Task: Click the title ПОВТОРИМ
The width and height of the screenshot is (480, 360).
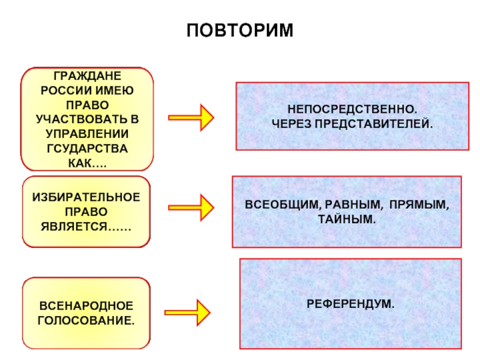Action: click(x=240, y=31)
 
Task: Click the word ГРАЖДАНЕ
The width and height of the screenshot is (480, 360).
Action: click(x=87, y=76)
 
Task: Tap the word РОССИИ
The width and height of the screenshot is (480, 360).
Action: click(x=66, y=91)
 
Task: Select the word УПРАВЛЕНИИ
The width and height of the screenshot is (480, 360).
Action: click(x=87, y=134)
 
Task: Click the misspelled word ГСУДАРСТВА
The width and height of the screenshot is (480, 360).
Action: click(x=87, y=148)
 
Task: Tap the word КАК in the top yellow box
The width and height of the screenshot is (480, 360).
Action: click(x=80, y=163)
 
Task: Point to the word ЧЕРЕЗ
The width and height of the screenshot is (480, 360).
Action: click(x=292, y=124)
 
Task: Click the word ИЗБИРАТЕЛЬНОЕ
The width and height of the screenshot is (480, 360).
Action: click(x=86, y=197)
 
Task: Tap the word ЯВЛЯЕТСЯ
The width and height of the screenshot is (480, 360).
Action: click(x=74, y=227)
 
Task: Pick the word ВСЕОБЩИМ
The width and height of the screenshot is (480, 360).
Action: click(x=281, y=205)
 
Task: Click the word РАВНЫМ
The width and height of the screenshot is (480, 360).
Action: click(x=353, y=205)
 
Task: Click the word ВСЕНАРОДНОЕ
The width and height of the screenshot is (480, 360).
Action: click(x=86, y=306)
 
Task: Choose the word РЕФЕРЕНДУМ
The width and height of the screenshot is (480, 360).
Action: click(x=349, y=304)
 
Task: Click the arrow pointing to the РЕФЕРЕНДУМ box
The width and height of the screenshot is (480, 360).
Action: click(x=187, y=313)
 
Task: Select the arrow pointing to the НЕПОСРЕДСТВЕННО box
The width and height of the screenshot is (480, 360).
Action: click(x=191, y=118)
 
